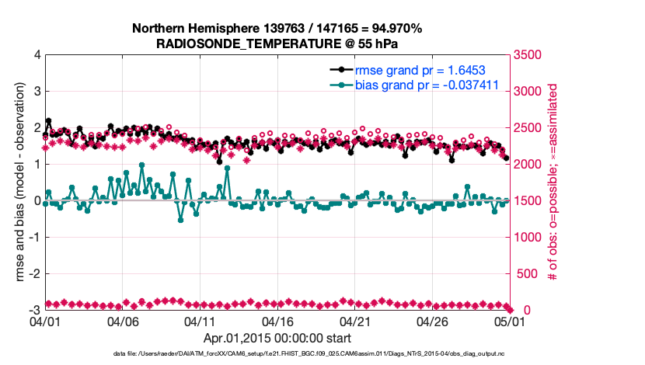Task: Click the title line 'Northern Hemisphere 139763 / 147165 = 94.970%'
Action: point(277,29)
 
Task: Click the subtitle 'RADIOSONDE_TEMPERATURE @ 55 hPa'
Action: point(277,43)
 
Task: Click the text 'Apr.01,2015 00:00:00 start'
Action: point(277,339)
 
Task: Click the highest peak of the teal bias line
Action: point(141,165)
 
